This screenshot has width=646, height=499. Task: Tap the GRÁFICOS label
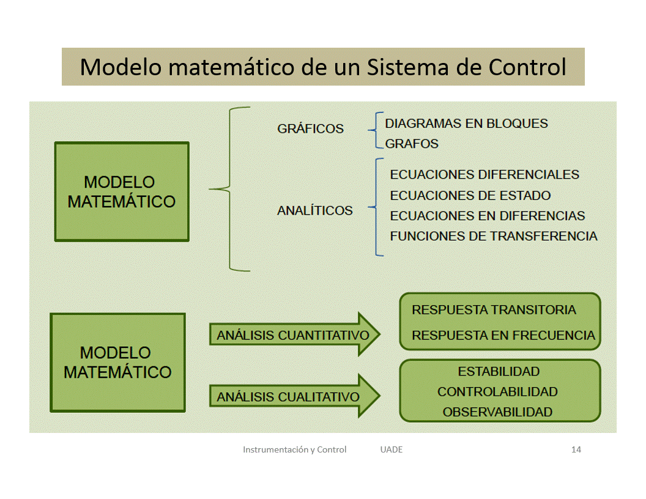(x=310, y=129)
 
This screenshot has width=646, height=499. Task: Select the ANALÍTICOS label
(x=314, y=210)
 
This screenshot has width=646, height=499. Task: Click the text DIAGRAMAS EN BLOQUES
(x=466, y=124)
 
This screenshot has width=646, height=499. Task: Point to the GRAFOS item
(x=412, y=144)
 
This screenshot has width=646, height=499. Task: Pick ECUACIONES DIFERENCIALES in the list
(x=484, y=174)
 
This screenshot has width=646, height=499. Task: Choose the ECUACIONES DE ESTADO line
(x=470, y=196)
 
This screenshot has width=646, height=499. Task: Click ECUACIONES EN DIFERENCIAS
(x=487, y=216)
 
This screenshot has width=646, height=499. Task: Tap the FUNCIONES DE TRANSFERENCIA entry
(x=493, y=236)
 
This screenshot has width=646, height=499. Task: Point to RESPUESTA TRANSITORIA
(x=494, y=310)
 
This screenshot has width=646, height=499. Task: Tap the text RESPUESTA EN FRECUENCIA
(x=503, y=335)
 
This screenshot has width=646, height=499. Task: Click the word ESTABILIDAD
(x=499, y=371)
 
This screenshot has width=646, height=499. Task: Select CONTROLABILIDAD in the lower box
(x=497, y=391)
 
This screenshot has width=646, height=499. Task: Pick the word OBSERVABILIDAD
(x=497, y=412)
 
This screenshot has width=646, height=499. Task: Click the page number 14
(x=576, y=449)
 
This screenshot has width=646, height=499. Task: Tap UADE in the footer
(x=391, y=449)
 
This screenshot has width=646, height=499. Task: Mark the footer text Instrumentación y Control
(x=294, y=449)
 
